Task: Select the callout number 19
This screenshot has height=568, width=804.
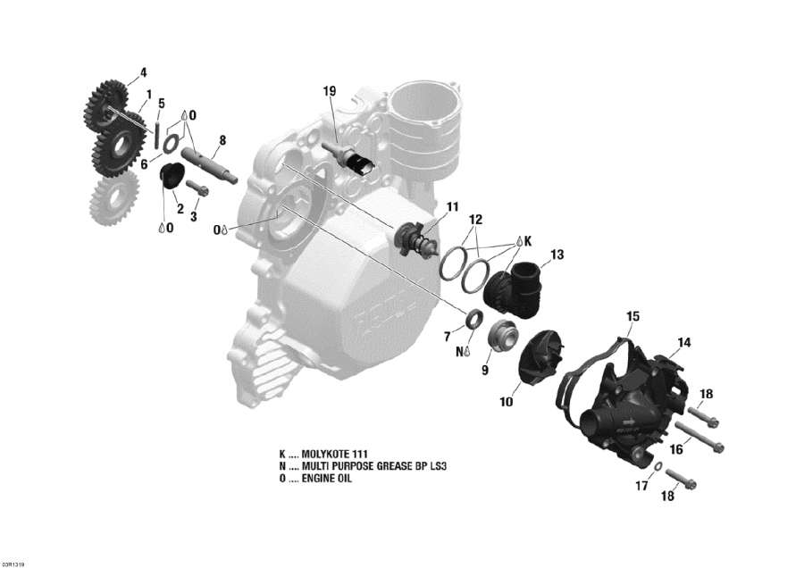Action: point(330,91)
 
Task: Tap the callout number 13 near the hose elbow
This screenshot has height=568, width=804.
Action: point(557,255)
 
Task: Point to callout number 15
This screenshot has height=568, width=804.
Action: point(632,316)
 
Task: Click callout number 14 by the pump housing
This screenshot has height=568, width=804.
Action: point(684,342)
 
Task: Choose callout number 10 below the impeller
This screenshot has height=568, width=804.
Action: point(507,403)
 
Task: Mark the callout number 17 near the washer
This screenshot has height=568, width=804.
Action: point(641,487)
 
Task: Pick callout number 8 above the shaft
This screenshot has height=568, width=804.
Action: point(222,139)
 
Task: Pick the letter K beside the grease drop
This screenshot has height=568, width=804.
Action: point(528,241)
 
